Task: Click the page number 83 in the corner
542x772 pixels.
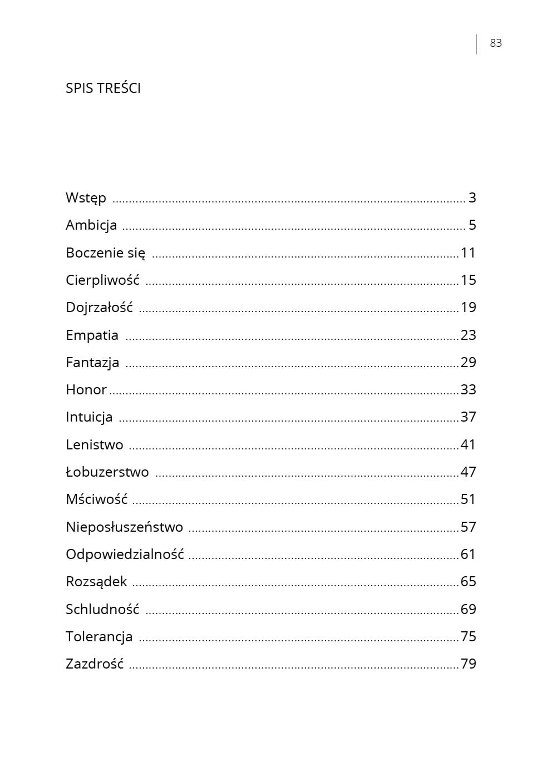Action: tap(495, 43)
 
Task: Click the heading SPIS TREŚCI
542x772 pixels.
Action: tap(103, 88)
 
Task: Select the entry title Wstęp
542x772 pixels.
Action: tap(86, 198)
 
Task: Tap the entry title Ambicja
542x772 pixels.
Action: tap(91, 225)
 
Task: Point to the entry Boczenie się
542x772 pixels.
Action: tap(105, 253)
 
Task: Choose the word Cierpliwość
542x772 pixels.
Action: tap(102, 280)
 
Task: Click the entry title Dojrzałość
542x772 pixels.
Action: tap(99, 308)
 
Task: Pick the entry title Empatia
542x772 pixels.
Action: tap(92, 335)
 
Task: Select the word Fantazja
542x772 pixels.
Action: tap(92, 363)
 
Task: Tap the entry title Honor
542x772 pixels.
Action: tap(86, 390)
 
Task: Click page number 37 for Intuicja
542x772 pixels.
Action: tap(468, 417)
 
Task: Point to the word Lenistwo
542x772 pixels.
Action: tap(95, 445)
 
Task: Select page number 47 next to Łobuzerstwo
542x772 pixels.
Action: tap(468, 472)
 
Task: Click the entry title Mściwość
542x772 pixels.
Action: tap(96, 499)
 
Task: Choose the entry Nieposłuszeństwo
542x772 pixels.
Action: tap(124, 527)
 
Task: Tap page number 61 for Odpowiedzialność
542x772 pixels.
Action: tap(468, 555)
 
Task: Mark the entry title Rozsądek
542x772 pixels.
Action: tap(96, 582)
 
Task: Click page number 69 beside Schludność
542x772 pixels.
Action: tap(468, 610)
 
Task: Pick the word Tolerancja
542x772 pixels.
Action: tap(99, 637)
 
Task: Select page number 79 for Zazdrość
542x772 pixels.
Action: tap(468, 664)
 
